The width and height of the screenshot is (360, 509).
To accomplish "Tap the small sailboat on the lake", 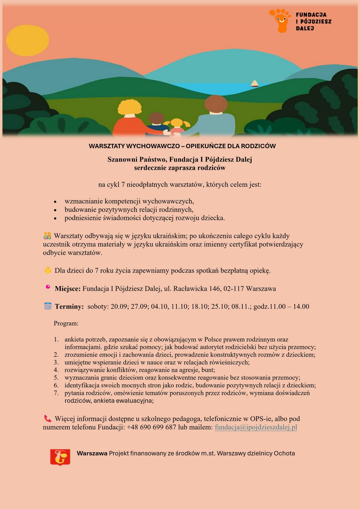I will click(254, 83).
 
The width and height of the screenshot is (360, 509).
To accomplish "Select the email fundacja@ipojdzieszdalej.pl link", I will click(256, 427).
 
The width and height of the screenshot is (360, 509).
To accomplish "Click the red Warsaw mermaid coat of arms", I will click(60, 457).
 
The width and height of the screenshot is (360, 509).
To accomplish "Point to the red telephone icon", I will click(48, 418).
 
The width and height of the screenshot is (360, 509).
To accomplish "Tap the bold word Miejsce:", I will click(68, 289).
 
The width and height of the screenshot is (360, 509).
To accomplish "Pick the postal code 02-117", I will click(233, 289).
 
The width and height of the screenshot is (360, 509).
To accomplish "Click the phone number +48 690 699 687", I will click(151, 427).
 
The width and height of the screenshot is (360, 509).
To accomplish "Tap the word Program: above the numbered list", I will click(66, 324).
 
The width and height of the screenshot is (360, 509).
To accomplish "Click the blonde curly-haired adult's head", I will click(130, 109).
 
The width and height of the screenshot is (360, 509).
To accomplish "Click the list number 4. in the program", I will click(56, 370).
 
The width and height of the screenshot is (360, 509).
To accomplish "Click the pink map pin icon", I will click(48, 287).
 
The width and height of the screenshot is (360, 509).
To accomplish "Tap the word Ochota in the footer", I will click(284, 453).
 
